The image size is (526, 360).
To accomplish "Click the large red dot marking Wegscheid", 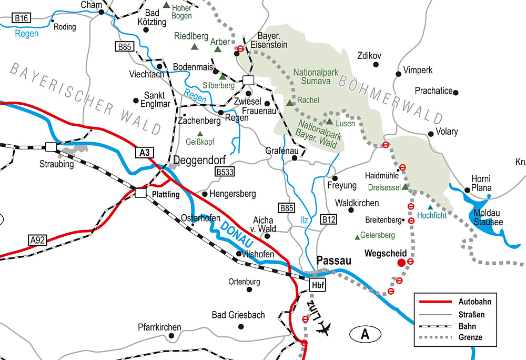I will click(x=401, y=262).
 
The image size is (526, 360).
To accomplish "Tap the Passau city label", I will click(x=333, y=260).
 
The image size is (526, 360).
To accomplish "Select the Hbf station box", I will click(x=317, y=286).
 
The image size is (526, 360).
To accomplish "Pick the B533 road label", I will click(x=224, y=172).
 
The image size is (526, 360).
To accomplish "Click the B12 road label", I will click(x=329, y=218).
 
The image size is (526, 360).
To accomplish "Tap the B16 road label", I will click(x=22, y=18).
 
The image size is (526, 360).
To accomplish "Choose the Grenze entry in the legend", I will click(x=470, y=337).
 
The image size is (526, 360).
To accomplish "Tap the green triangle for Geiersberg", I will click(x=358, y=236).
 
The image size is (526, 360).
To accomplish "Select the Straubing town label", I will click(x=57, y=164).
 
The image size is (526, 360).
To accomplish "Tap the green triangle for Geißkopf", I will click(x=199, y=134).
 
